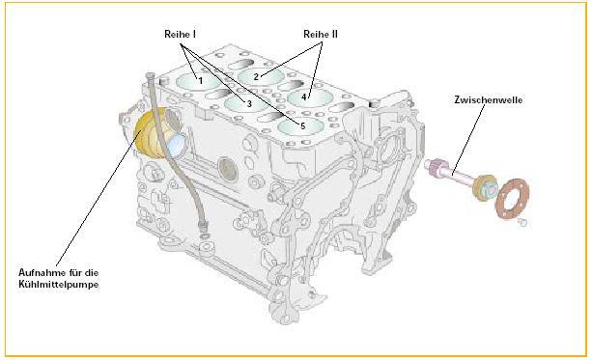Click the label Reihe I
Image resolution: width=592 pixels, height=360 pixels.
180,34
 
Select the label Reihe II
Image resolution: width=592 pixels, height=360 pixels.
321,34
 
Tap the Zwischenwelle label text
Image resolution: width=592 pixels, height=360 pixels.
488,100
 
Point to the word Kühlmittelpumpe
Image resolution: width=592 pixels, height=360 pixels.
59,284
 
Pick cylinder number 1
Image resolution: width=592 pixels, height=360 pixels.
197,81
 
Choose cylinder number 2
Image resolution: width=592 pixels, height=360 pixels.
261,76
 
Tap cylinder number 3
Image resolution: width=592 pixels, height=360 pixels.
246,102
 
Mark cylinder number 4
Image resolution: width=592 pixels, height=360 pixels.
310,98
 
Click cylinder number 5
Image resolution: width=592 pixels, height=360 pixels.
300,126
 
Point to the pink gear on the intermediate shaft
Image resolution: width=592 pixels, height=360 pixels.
438,167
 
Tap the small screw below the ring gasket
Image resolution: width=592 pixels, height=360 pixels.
522,222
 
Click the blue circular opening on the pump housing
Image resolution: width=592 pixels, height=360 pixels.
177,146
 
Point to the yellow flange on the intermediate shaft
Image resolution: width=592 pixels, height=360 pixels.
483,188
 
